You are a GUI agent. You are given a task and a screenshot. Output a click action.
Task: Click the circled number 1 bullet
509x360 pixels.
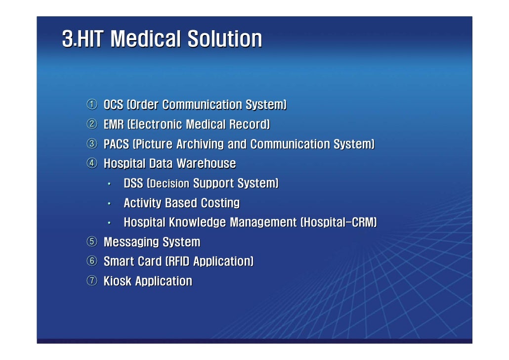coord(92,105)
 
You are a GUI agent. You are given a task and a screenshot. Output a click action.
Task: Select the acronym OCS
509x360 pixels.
coord(113,105)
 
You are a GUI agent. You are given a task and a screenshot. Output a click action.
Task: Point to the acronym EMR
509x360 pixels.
coord(114,125)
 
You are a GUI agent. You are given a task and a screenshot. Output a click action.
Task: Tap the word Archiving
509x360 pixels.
coord(194,144)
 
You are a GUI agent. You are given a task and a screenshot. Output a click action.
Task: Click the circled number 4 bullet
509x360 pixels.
coord(92,164)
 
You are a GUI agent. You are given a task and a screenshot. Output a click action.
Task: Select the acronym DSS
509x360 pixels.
coord(133,183)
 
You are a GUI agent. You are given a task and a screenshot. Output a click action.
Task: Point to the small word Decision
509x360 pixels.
coord(169,184)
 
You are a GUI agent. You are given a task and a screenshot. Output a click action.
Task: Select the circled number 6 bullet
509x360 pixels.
coord(92,262)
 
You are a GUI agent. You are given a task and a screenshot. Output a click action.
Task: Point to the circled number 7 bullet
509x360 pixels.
coord(92,281)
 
